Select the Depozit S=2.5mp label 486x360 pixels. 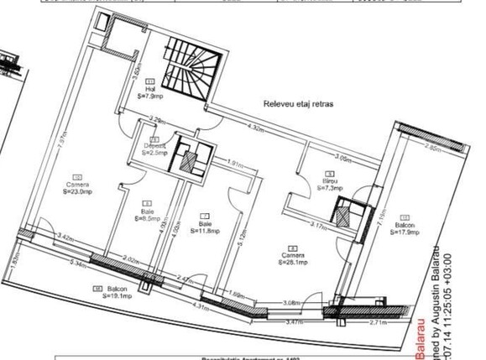pos(154,149)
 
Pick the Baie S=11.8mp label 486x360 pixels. pos(206,225)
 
